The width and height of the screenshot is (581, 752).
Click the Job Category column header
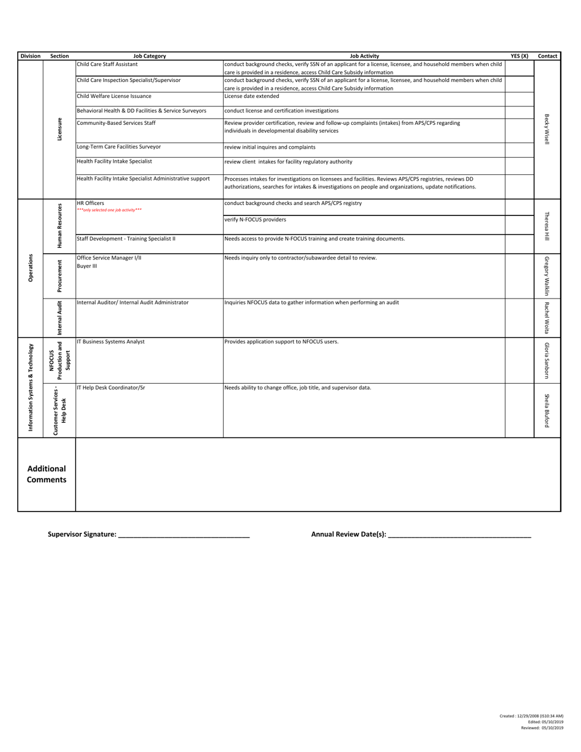(149, 56)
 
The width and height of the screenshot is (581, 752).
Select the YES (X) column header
(519, 56)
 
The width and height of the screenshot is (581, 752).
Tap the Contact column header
(547, 56)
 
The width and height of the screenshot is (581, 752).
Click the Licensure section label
(59, 128)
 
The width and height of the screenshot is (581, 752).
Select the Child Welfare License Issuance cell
(114, 96)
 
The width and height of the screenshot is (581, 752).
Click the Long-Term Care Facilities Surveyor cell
(119, 147)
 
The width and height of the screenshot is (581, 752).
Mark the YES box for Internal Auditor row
(519, 316)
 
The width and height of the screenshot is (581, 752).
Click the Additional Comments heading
(47, 474)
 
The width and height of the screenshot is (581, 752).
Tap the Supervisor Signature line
(183, 535)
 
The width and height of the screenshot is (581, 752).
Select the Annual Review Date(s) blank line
(459, 535)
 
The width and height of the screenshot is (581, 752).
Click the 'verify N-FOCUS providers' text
(255, 220)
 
